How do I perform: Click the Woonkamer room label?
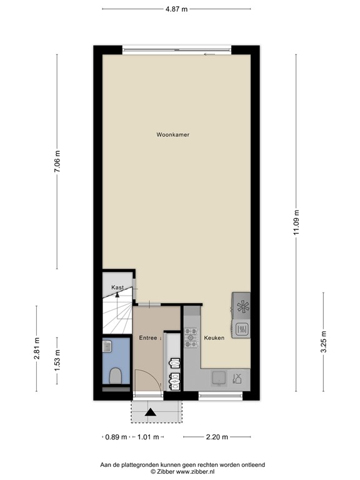click(x=173, y=134)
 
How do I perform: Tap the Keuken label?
click(x=213, y=338)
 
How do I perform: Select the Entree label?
click(x=149, y=338)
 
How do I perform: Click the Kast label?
click(x=117, y=287)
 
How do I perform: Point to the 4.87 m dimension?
click(x=176, y=9)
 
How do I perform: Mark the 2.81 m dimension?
click(x=36, y=347)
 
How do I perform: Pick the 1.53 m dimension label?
click(x=57, y=359)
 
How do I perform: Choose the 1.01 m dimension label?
click(x=149, y=437)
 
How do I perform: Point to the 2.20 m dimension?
click(x=216, y=437)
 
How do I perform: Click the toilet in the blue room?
click(x=115, y=376)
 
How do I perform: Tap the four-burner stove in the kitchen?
click(x=191, y=337)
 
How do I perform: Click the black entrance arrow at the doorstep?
click(x=150, y=411)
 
